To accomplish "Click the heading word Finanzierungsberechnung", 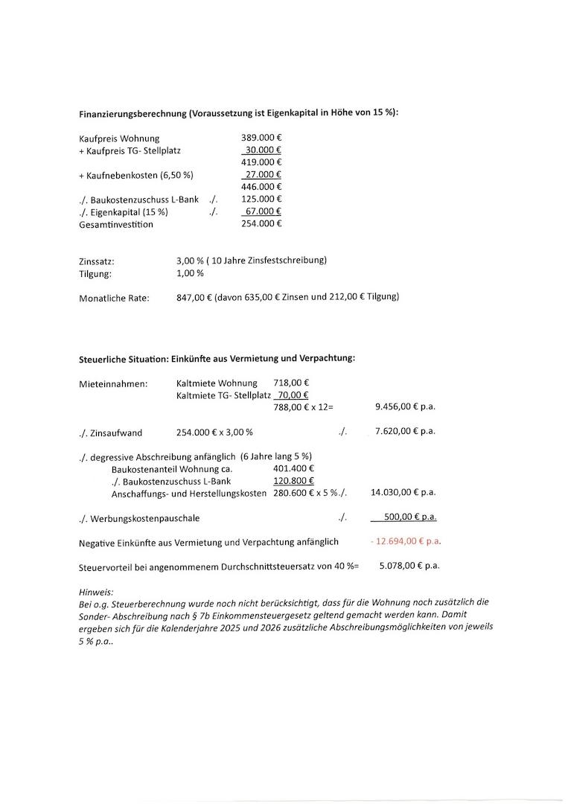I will click(133, 114).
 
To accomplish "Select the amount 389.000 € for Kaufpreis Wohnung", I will click(261, 138).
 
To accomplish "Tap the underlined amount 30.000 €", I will click(262, 150).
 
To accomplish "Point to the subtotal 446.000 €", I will click(261, 186).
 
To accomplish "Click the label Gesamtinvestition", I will click(116, 224).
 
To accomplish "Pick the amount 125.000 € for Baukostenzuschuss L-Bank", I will click(261, 199).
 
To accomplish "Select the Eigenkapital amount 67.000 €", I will click(262, 211).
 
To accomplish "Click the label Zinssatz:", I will click(97, 261).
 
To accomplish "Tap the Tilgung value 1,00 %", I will click(190, 273).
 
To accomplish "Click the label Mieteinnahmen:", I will click(113, 384).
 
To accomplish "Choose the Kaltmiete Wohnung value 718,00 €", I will click(291, 383).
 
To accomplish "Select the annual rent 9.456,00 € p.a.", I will click(405, 407).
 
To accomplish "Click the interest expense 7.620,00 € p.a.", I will click(405, 431).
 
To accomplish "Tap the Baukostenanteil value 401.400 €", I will click(293, 469).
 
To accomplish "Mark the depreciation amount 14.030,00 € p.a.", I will click(403, 492).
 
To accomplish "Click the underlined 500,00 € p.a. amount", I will click(409, 517).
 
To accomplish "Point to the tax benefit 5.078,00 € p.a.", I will click(409, 566).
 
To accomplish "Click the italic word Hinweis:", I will click(96, 591).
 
